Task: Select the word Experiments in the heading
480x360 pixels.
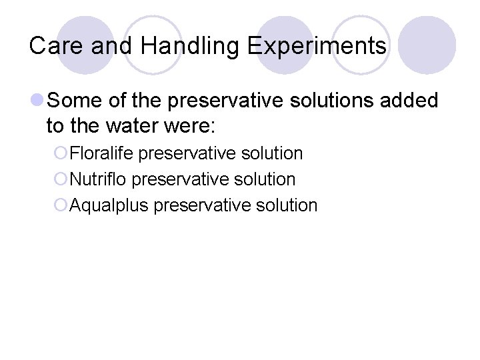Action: [317, 46]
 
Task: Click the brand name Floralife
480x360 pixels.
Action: [102, 153]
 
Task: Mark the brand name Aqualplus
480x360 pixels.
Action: [109, 205]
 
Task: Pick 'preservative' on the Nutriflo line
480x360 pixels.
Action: [175, 179]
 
